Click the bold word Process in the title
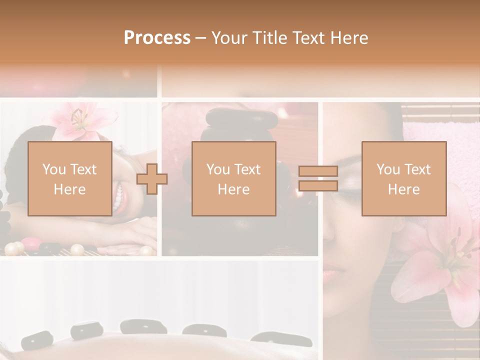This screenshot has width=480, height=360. [x=157, y=38]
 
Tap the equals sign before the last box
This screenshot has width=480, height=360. [x=318, y=178]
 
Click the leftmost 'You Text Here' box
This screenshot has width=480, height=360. [x=70, y=178]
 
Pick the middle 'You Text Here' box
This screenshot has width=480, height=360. [x=233, y=178]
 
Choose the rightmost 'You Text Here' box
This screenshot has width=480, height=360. [x=403, y=178]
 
